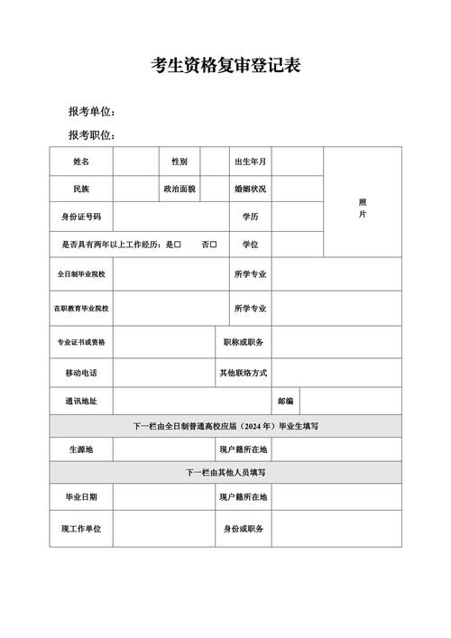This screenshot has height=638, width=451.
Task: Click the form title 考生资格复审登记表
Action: point(225,65)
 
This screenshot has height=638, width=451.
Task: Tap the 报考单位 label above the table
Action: point(90,111)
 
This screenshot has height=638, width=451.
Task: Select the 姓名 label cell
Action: point(81,162)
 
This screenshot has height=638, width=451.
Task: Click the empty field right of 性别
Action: point(212,162)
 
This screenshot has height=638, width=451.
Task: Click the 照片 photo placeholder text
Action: point(362,208)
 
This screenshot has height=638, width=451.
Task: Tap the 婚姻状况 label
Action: point(250,190)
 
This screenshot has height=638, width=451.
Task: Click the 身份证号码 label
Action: point(81,217)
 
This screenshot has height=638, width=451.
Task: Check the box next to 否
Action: point(214,245)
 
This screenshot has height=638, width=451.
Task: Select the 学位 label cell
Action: point(250,245)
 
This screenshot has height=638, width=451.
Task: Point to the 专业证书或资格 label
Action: point(81,342)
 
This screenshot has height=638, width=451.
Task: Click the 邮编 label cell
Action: point(284,401)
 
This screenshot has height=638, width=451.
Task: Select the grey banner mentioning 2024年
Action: point(225,426)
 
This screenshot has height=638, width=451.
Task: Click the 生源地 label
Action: point(81,448)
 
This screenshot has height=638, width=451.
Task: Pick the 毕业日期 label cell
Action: point(81,497)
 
